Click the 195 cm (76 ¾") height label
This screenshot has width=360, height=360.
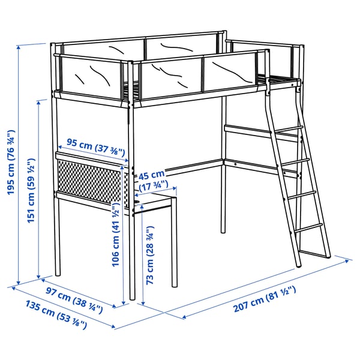(10, 163)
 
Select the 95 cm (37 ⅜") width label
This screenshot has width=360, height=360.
(92, 144)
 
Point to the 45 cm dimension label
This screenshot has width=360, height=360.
(151, 176)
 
